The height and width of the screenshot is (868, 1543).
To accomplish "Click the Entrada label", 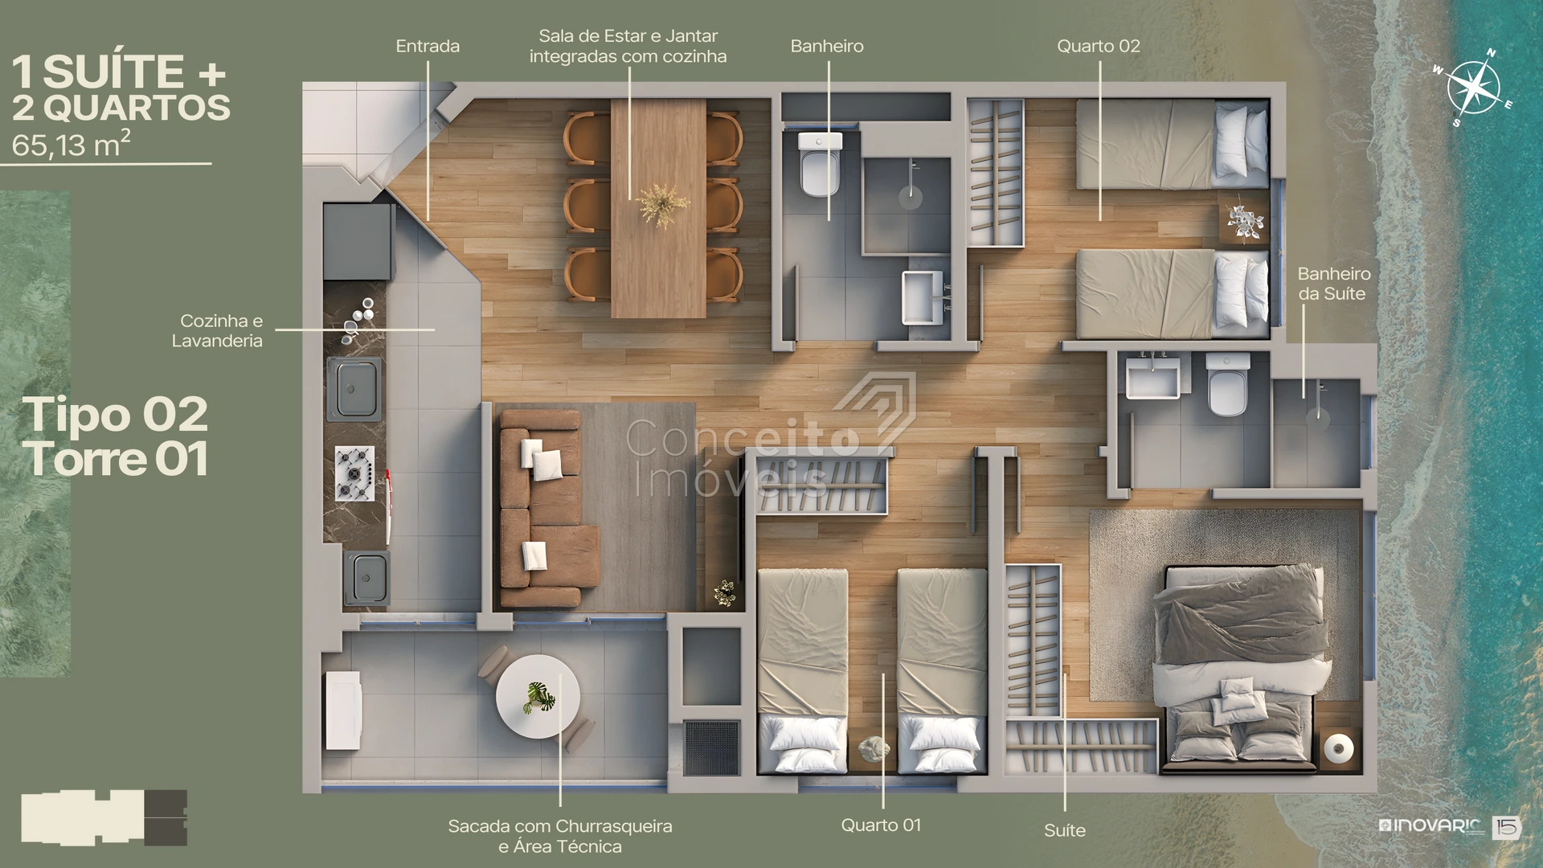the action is point(428,47).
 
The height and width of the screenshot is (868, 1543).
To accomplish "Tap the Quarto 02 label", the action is point(1099,47).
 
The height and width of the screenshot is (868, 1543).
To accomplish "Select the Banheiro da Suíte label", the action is point(1334,284).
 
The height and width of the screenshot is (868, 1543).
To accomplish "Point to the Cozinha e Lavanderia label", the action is point(217,330).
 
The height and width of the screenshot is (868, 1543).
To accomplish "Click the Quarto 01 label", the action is point(881,825).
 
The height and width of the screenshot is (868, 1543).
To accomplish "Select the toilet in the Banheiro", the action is point(820,164).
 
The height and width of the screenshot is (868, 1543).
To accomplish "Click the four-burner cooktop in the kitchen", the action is point(354,473).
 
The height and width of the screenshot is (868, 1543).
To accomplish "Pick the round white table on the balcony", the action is point(538,697).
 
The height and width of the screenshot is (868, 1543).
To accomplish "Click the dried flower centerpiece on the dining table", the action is point(663,206).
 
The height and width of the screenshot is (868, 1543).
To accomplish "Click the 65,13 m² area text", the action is point(72,144).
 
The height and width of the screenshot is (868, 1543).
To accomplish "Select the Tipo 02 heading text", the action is point(115,415).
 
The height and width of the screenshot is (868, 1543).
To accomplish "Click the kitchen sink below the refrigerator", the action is point(354,389).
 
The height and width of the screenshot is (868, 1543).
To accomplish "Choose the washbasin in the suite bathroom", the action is point(1153,378).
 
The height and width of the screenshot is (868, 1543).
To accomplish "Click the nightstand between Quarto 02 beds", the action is point(1243,217).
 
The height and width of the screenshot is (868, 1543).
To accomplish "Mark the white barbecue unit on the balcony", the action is point(342,710).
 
